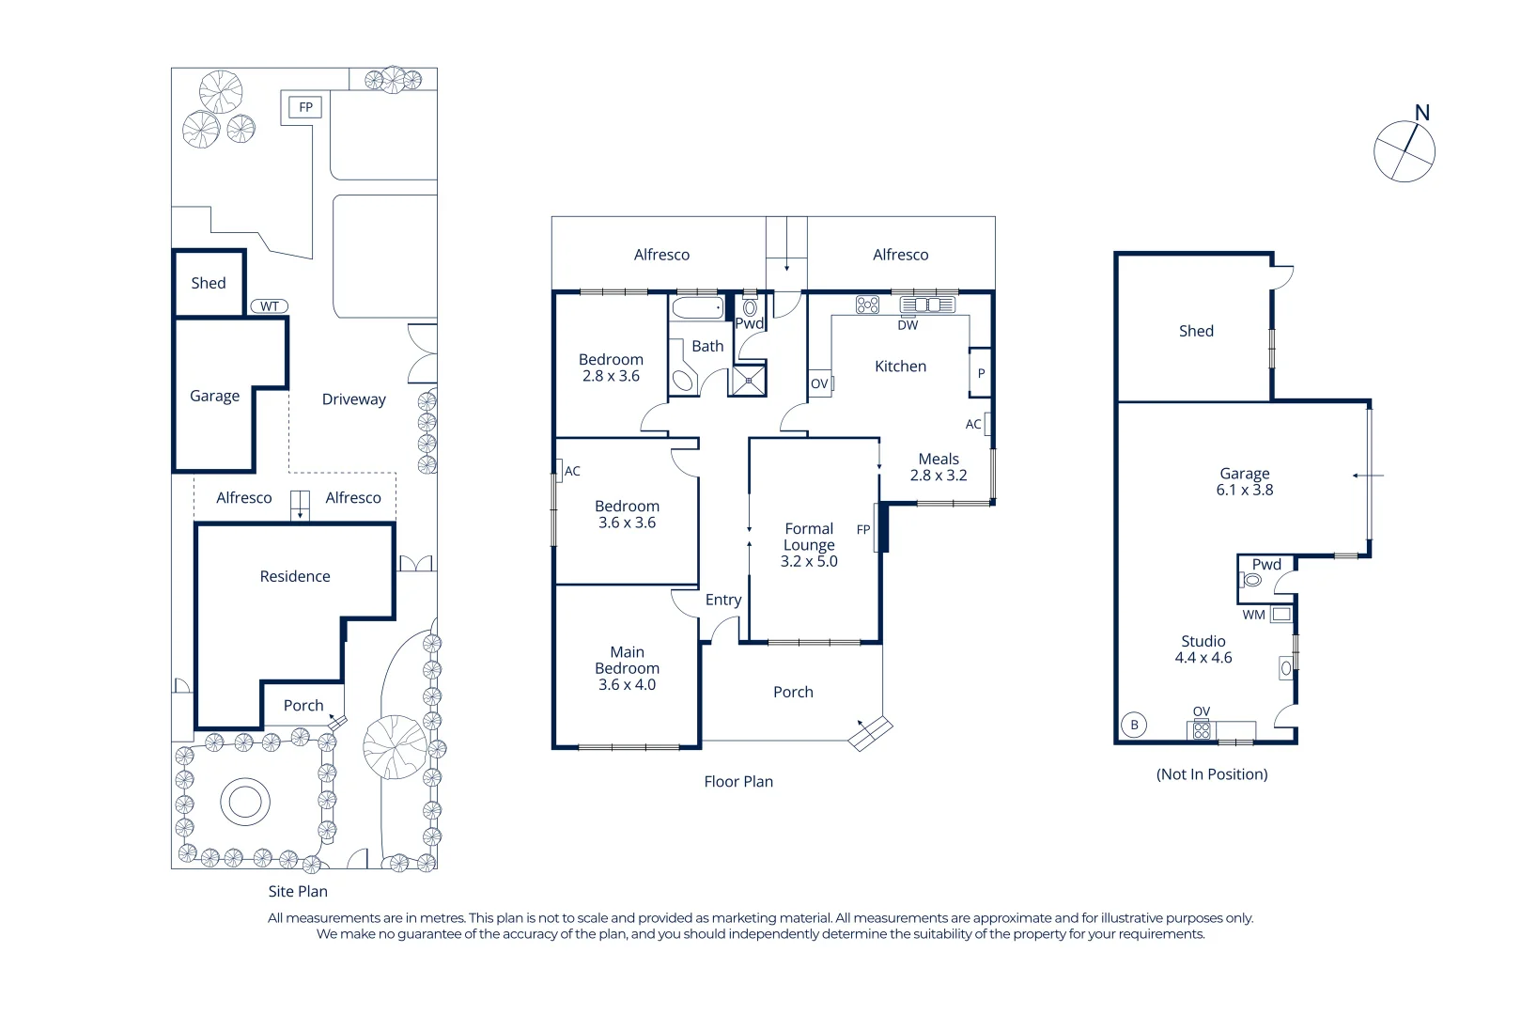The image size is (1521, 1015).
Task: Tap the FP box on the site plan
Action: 305,107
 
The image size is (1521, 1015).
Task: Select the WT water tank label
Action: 270,306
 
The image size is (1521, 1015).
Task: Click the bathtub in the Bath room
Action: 698,307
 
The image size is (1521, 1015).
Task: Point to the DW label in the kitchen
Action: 908,325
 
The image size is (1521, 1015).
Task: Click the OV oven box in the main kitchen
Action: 820,383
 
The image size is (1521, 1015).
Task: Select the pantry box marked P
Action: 981,373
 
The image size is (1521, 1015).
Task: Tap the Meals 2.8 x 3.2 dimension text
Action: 938,476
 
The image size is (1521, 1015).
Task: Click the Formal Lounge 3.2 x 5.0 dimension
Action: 809,561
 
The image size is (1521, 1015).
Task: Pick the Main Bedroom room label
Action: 627,660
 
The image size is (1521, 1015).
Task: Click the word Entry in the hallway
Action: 723,600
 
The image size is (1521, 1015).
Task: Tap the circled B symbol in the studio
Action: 1134,725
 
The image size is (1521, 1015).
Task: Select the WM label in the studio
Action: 1253,615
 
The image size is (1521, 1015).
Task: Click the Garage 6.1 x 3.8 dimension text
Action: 1245,490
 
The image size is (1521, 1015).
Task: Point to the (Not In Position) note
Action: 1212,774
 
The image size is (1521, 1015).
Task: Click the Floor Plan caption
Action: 738,782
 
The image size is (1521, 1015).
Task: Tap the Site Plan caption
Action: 298,892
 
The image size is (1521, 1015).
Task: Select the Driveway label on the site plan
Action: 354,399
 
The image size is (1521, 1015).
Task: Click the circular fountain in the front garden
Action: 245,802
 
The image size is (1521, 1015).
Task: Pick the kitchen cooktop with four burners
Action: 868,304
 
